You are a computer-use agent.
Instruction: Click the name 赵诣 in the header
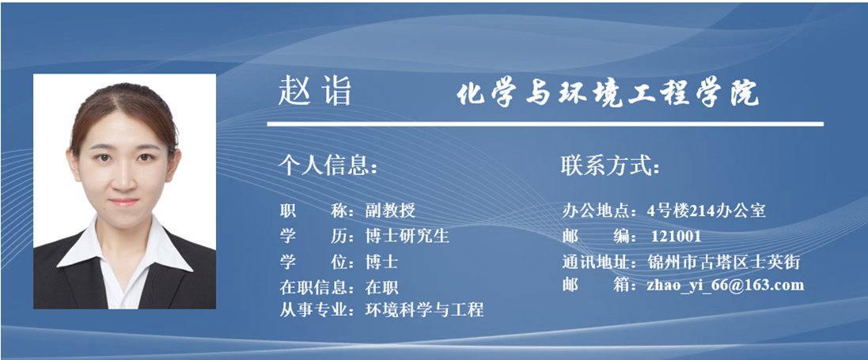pyautogui.click(x=314, y=91)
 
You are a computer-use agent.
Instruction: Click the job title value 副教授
pyautogui.click(x=390, y=210)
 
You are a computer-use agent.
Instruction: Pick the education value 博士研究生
pyautogui.click(x=407, y=236)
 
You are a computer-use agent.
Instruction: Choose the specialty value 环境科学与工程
pyautogui.click(x=425, y=309)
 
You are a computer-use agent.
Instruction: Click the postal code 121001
pyautogui.click(x=676, y=237)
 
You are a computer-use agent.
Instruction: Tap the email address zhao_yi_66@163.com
pyautogui.click(x=725, y=285)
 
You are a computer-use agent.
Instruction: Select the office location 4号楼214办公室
pyautogui.click(x=707, y=210)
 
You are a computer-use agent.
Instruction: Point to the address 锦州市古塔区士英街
pyautogui.click(x=723, y=262)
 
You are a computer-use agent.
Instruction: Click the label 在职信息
pyautogui.click(x=313, y=287)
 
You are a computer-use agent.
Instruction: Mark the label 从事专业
pyautogui.click(x=313, y=309)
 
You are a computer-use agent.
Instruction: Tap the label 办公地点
pyautogui.click(x=596, y=210)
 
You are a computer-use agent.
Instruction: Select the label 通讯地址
pyautogui.click(x=596, y=262)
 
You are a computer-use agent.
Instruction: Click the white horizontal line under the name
pyautogui.click(x=545, y=124)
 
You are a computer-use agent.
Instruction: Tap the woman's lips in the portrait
pyautogui.click(x=123, y=203)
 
